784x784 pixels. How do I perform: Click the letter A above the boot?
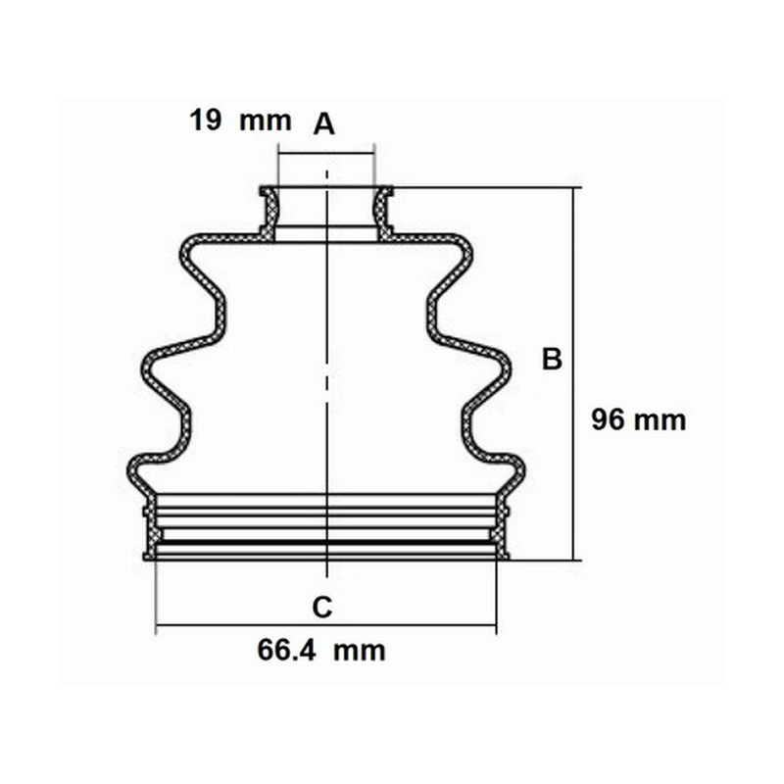coord(324,124)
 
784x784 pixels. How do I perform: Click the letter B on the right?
coord(552,359)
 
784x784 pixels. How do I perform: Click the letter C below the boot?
coord(322,608)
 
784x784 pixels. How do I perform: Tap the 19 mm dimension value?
coord(240,121)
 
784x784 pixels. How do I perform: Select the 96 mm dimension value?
coord(639,419)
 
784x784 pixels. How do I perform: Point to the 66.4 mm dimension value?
coord(321,651)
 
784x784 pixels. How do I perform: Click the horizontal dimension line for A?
coord(326,154)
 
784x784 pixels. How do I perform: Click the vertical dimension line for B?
coord(573,374)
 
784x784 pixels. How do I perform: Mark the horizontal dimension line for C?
coord(326,625)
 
